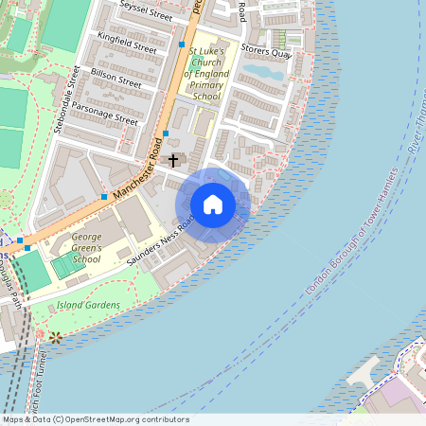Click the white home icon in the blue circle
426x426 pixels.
pyautogui.click(x=213, y=204)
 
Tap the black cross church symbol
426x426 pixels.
pyautogui.click(x=173, y=160)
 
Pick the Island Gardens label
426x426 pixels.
pyautogui.click(x=88, y=305)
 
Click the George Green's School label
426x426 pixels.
pyautogui.click(x=73, y=249)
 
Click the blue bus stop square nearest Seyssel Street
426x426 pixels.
pyautogui.click(x=181, y=44)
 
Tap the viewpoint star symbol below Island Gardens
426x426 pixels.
pyautogui.click(x=56, y=337)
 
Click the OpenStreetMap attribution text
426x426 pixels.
pyautogui.click(x=95, y=419)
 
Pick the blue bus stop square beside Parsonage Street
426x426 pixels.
pyautogui.click(x=166, y=133)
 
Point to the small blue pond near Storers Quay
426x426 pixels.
pyautogui.click(x=262, y=71)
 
